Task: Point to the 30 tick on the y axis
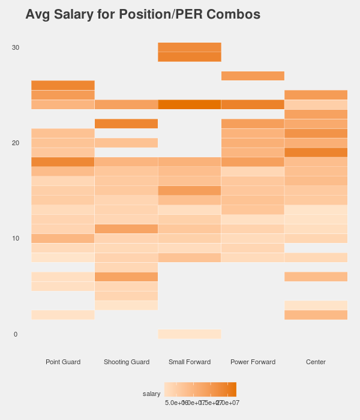pyautogui.click(x=16, y=47)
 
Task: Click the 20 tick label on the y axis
pyautogui.click(x=16, y=143)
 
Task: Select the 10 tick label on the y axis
pyautogui.click(x=16, y=238)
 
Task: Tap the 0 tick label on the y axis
pyautogui.click(x=16, y=334)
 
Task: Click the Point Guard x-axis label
pyautogui.click(x=63, y=362)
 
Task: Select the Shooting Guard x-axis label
pyautogui.click(x=126, y=362)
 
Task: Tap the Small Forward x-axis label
pyautogui.click(x=190, y=362)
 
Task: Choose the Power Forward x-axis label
pyautogui.click(x=253, y=362)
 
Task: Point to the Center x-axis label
pyautogui.click(x=316, y=362)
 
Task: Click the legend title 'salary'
pyautogui.click(x=151, y=394)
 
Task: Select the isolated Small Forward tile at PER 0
pyautogui.click(x=190, y=334)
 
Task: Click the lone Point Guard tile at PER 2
pyautogui.click(x=63, y=315)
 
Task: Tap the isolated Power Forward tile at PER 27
pyautogui.click(x=253, y=76)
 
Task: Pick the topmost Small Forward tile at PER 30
pyautogui.click(x=190, y=47)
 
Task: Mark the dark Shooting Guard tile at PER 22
pyautogui.click(x=126, y=124)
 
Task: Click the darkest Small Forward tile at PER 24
pyautogui.click(x=190, y=104)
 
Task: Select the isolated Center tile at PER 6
pyautogui.click(x=316, y=277)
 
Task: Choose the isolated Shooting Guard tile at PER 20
pyautogui.click(x=126, y=143)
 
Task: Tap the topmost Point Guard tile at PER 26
pyautogui.click(x=63, y=85)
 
